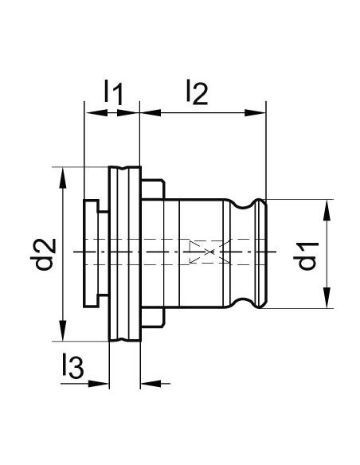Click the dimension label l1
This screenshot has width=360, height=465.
point(113,93)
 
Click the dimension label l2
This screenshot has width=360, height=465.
point(197,92)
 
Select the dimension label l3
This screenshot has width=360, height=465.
point(73,366)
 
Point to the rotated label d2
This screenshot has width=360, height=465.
point(43,254)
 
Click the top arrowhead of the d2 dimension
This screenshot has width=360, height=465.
point(63,178)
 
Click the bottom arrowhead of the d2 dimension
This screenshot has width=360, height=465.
point(63,330)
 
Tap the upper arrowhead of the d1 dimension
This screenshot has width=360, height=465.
point(327,210)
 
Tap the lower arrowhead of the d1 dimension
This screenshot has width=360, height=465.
point(327,298)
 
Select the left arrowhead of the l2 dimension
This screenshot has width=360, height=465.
point(151,113)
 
